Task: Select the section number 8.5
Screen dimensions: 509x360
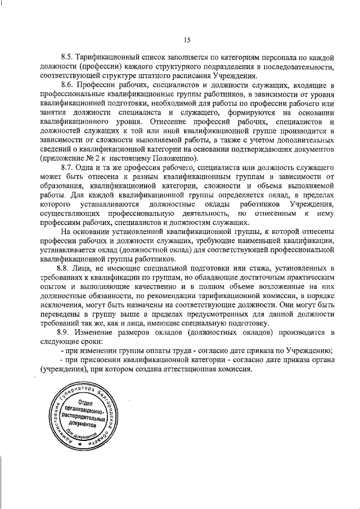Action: coord(67,57)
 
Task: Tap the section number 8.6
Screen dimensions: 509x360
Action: coord(67,85)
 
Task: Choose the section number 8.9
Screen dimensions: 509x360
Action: coord(67,332)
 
